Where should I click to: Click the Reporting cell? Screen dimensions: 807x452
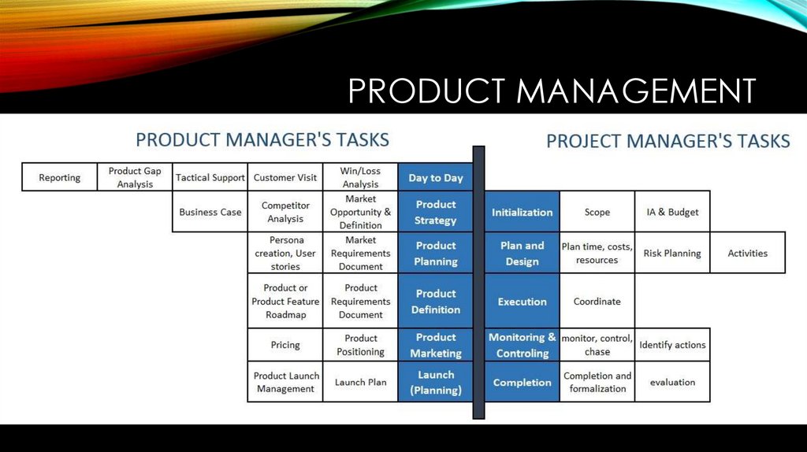pos(60,177)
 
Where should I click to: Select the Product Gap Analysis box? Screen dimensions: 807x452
pos(135,177)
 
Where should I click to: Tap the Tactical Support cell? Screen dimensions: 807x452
pos(210,177)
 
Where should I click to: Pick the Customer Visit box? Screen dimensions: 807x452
pos(285,177)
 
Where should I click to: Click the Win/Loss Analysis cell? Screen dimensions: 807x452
pos(360,177)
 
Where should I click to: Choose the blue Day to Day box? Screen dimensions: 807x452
pos(436,177)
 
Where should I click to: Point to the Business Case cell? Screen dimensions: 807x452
pos(210,212)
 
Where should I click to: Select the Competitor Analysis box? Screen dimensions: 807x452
pos(285,212)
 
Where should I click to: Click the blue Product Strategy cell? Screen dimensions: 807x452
pos(436,212)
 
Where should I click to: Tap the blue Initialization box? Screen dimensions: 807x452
pos(522,212)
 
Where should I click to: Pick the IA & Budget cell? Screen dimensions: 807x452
pos(672,212)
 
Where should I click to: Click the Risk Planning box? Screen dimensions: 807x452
pos(672,253)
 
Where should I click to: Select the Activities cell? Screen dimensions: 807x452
pos(747,253)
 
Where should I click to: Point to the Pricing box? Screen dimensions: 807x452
pos(285,345)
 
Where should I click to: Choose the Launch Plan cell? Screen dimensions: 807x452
pos(360,382)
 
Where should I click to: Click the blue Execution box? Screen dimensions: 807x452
pos(522,301)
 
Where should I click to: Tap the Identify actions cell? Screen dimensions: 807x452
pos(672,345)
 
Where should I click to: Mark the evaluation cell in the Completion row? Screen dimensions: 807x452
pos(672,382)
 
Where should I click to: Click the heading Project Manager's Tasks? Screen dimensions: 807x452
pos(668,141)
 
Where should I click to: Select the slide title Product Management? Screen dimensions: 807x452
pos(552,91)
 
